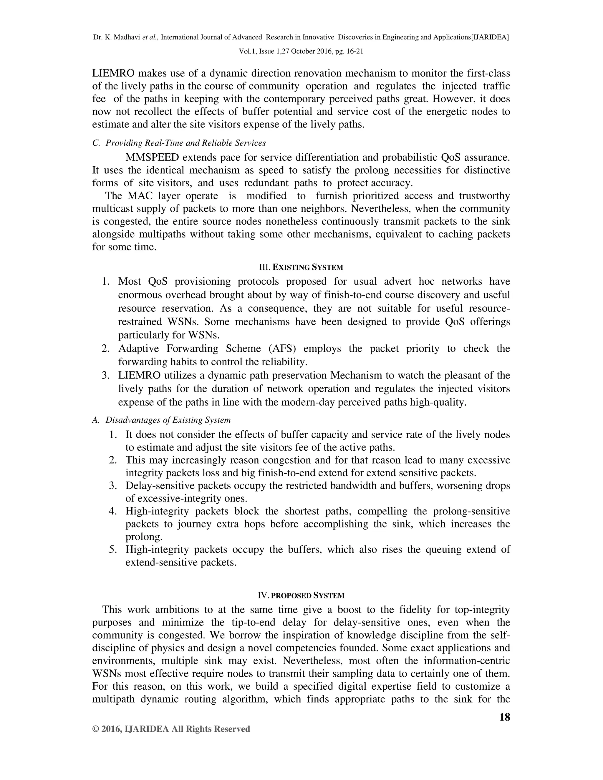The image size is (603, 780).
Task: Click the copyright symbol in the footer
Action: [x=95, y=729]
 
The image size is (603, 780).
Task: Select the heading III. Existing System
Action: [x=301, y=267]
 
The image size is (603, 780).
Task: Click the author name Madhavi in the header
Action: [x=127, y=37]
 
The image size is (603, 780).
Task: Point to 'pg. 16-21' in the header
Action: [x=348, y=51]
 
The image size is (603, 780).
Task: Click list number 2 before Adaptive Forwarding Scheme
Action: [x=105, y=348]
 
